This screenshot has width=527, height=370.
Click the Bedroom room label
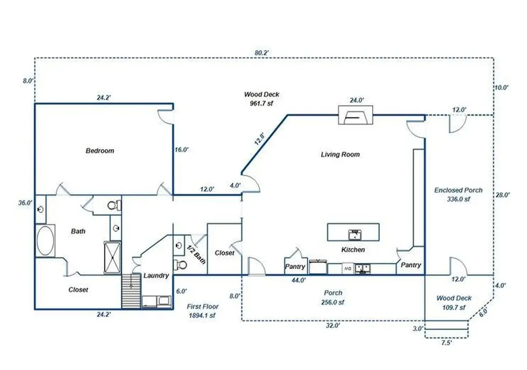[x=100, y=151]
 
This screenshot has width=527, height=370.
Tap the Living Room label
[x=340, y=155]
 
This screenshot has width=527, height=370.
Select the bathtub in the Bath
[x=45, y=240]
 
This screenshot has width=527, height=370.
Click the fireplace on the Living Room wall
[x=356, y=115]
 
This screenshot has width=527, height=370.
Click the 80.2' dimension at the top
[x=261, y=53]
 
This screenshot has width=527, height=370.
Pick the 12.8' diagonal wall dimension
[x=260, y=138]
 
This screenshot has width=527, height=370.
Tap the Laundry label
[x=156, y=275]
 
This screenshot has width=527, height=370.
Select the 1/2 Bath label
[x=196, y=254]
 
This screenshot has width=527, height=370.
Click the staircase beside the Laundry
[x=131, y=291]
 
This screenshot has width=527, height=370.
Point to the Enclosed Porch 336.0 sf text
[x=458, y=195]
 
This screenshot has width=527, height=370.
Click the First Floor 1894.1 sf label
[x=202, y=311]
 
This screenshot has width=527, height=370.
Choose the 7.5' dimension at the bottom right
[x=446, y=343]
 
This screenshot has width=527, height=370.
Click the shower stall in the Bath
[x=112, y=257]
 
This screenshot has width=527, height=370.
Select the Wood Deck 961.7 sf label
[x=261, y=99]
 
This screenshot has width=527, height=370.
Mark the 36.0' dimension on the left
[x=26, y=203]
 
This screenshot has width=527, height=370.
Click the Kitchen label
[x=353, y=250]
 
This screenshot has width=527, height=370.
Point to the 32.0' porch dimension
[x=333, y=325]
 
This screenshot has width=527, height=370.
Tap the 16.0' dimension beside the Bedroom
[x=182, y=150]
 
